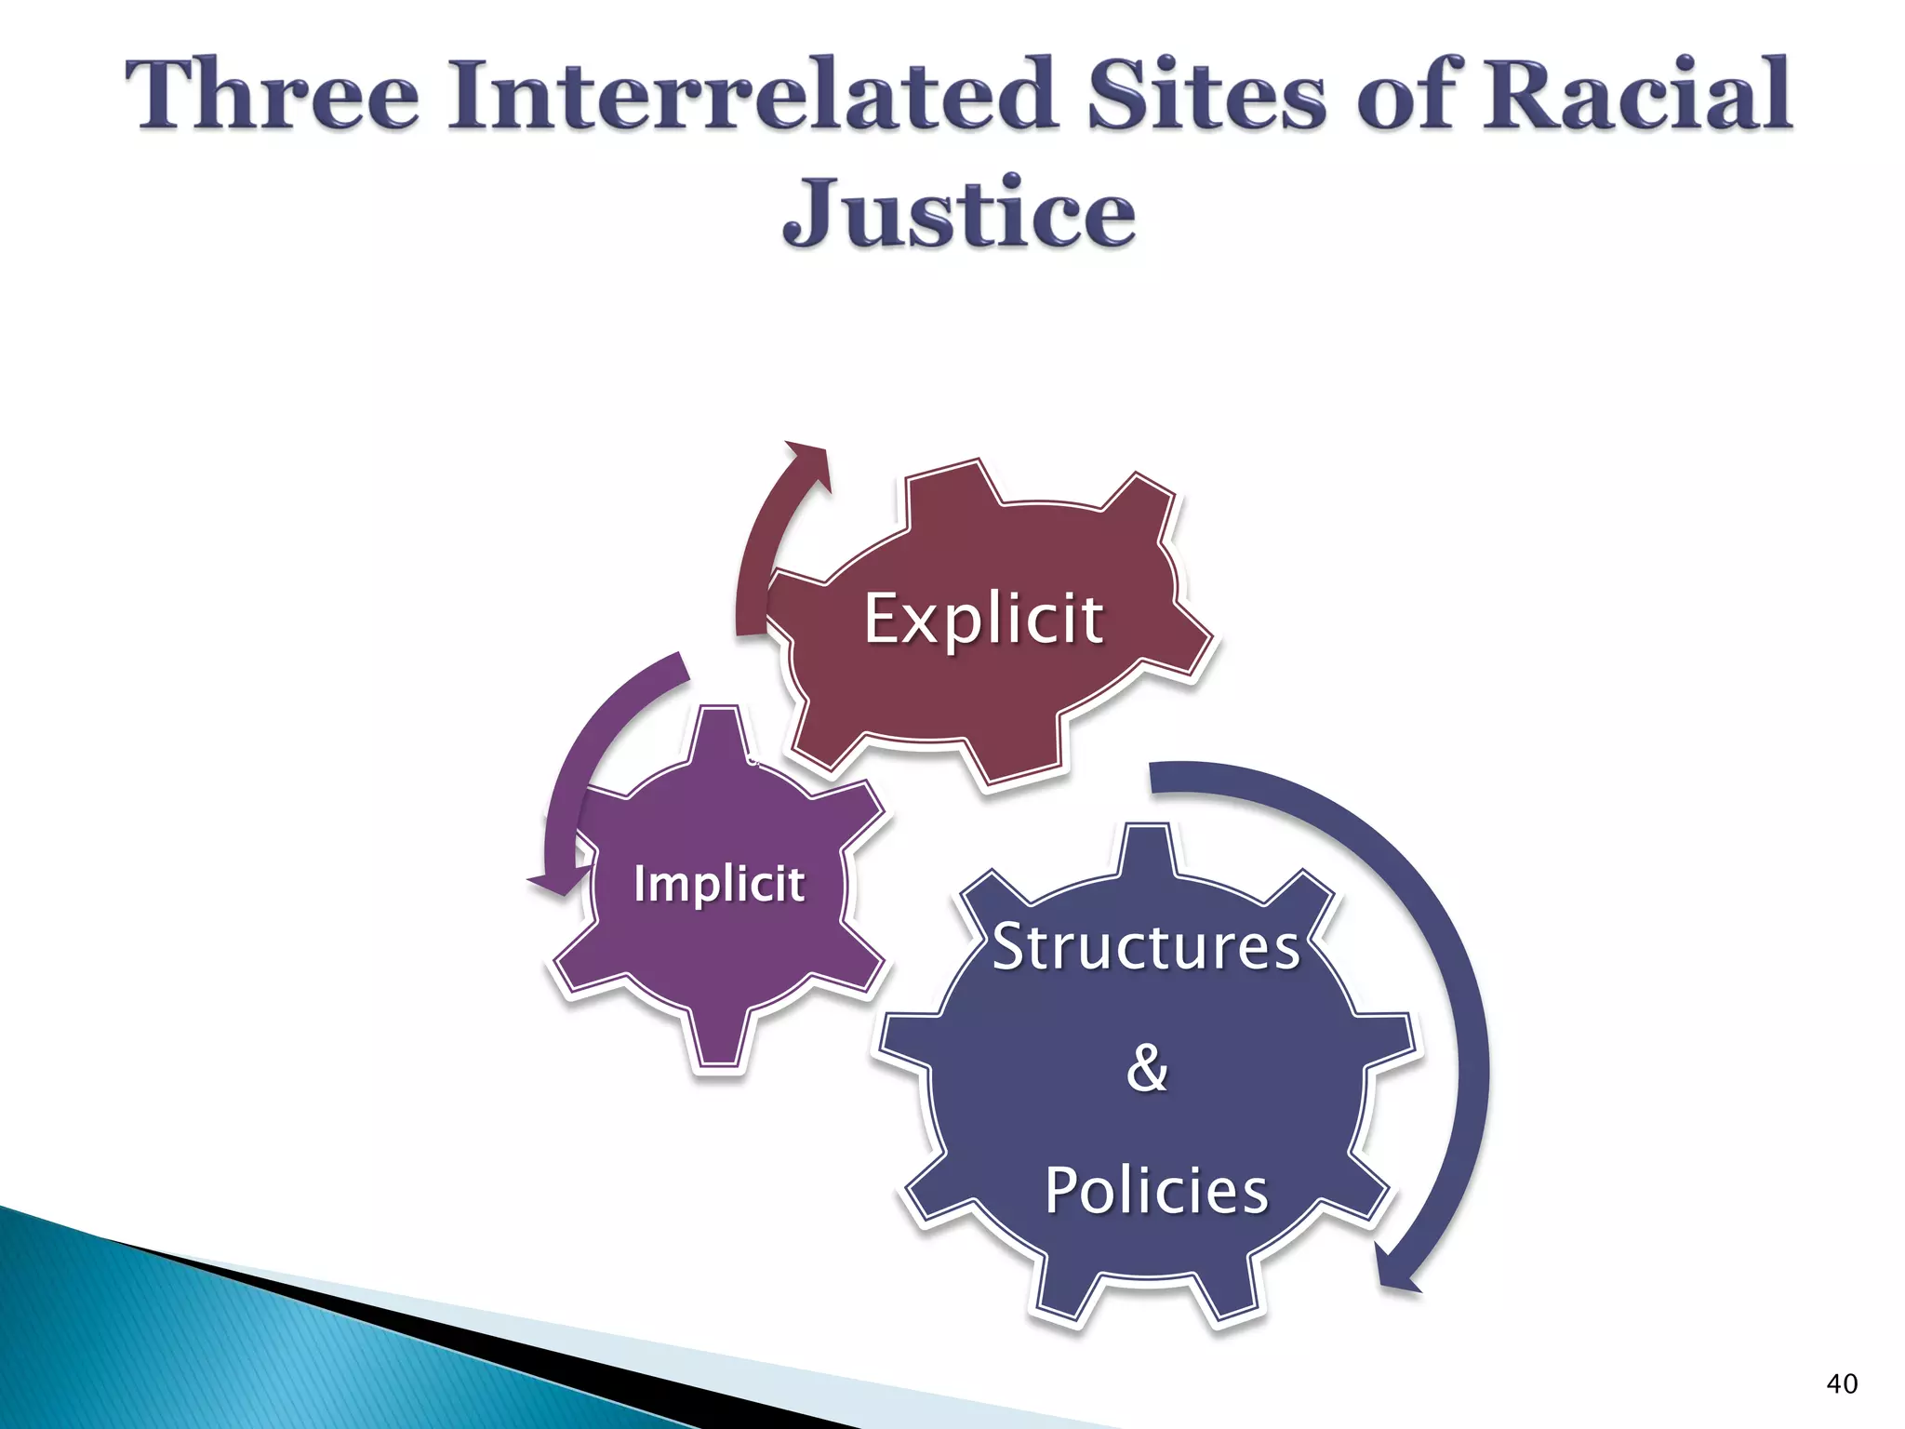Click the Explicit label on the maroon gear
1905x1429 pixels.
point(984,619)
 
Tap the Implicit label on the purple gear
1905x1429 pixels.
point(719,883)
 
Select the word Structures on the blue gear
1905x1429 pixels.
point(1146,947)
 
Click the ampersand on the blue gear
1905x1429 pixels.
point(1147,1067)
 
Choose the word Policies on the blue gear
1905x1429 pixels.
point(1156,1190)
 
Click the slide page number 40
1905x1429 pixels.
point(1842,1383)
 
